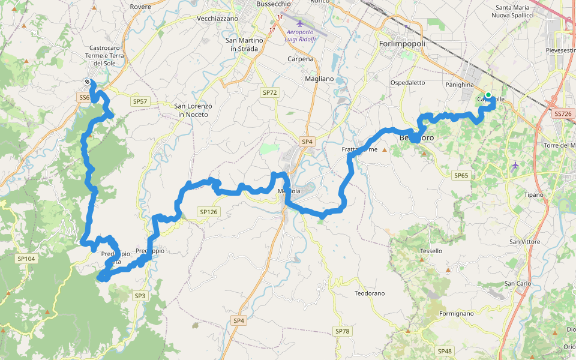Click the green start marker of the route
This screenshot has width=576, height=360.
[488, 95]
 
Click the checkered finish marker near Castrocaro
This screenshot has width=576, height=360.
[88, 82]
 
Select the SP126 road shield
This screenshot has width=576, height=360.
[208, 212]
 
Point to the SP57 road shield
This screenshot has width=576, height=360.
[140, 101]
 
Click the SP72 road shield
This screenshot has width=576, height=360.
[270, 92]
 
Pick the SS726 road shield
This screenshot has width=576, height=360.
[563, 113]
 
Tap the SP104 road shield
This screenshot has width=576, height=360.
[26, 258]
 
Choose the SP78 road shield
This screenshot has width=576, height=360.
[342, 331]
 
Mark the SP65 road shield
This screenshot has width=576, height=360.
[461, 175]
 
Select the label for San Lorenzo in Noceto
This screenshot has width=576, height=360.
[193, 110]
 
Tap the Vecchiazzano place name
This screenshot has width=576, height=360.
[217, 19]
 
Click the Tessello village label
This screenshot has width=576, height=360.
[431, 251]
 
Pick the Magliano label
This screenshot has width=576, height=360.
[319, 79]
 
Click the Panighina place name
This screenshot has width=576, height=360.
[460, 85]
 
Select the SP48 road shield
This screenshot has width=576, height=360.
[445, 351]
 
